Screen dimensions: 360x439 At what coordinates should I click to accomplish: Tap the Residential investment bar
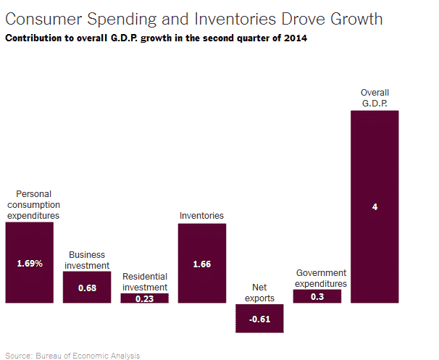pos(145,298)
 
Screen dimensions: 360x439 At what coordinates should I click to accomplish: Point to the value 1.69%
pos(30,264)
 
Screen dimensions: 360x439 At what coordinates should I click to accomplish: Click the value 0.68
pos(87,288)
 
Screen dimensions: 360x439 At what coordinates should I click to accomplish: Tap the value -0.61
pos(259,319)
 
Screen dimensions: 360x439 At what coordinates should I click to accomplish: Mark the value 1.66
pos(202,264)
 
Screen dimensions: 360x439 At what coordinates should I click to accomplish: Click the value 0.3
pos(317,296)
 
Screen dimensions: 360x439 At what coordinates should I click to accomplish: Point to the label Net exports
pos(259,293)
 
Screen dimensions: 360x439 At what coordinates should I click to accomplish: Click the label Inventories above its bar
pos(202,216)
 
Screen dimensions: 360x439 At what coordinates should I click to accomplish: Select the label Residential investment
pos(145,282)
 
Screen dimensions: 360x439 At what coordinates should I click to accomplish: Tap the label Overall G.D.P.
pos(375,98)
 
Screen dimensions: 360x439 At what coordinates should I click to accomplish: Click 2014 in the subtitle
pos(294,38)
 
